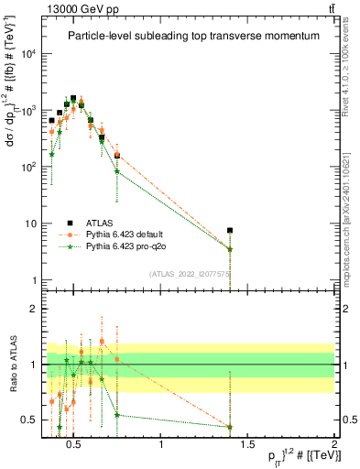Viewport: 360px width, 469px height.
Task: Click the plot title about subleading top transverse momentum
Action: (192, 36)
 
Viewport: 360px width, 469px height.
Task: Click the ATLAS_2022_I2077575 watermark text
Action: (189, 273)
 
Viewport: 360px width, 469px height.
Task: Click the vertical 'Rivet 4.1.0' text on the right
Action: (352, 60)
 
